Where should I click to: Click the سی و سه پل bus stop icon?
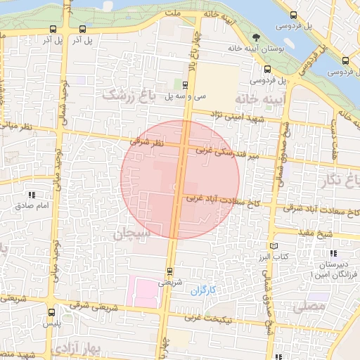(186, 85)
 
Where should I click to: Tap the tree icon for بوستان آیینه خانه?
(255, 38)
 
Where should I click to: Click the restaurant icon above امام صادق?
(32, 195)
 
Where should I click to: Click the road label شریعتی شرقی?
(91, 306)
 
